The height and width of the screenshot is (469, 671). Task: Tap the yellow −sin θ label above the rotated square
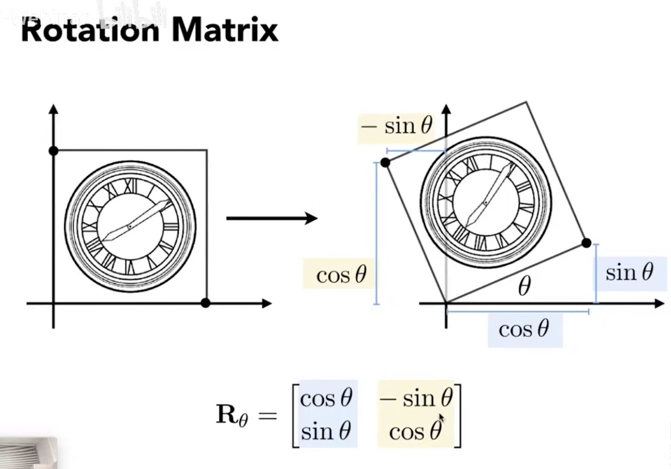397,126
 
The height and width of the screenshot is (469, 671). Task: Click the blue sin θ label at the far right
629,273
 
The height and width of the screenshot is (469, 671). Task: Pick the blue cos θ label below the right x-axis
524,329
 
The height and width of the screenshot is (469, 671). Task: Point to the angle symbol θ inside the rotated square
524,286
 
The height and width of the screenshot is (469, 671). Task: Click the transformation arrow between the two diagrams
272,219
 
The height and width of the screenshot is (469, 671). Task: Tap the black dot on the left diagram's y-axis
54,151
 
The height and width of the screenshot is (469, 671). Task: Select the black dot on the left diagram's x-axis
205,303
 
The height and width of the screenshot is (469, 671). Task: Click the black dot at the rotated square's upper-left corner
385,163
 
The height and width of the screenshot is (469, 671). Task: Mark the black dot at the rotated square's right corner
586,243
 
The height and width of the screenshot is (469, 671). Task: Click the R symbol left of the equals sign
226,414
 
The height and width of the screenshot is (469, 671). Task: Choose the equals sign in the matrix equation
267,415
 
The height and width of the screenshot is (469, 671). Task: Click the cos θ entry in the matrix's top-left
326,398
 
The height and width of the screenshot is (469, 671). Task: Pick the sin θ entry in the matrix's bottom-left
326,431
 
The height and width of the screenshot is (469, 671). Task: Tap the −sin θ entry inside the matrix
416,398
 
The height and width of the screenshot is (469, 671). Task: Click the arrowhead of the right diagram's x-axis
659,303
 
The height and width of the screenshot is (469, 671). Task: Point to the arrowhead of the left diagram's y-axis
54,109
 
